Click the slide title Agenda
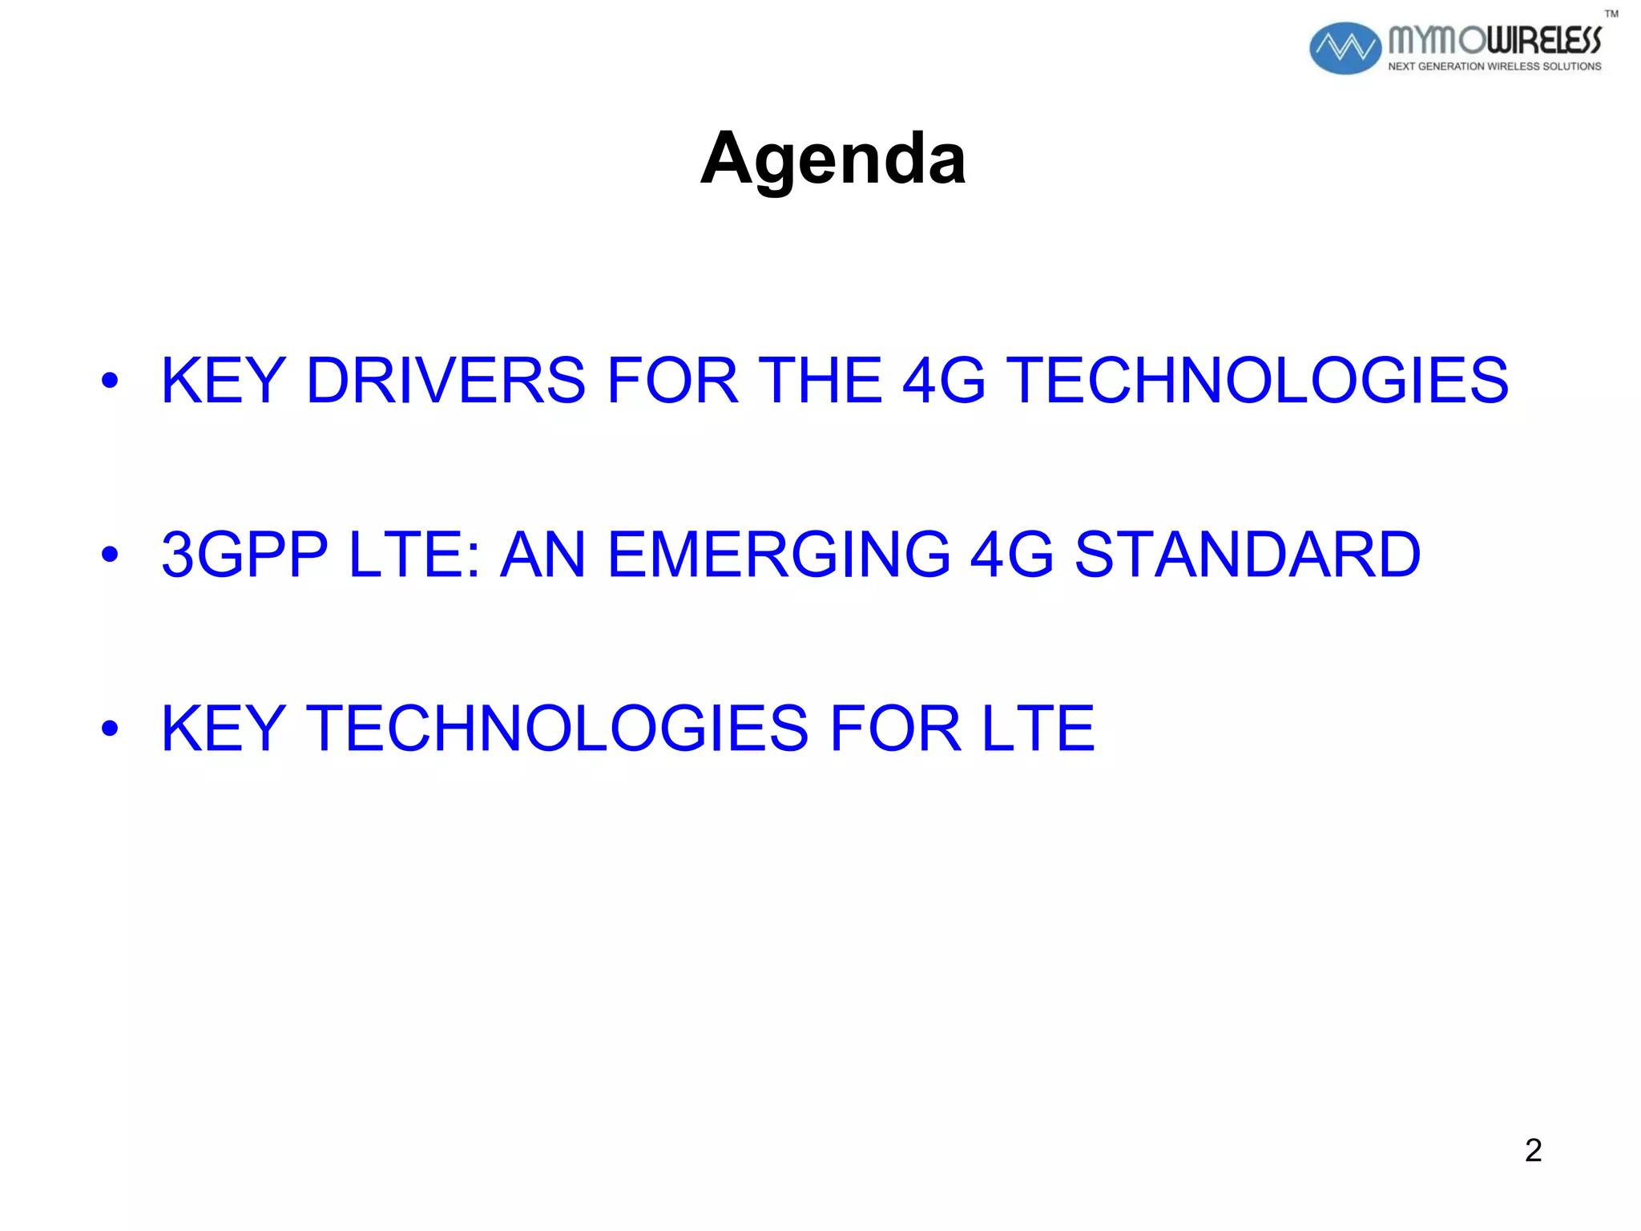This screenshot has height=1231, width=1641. pos(833,159)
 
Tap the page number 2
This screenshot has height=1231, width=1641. pos(1533,1150)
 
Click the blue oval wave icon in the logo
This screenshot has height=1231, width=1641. pos(1345,48)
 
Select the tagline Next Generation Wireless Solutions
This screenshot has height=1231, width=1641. pos(1494,67)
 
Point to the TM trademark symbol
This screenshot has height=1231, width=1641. pos(1611,14)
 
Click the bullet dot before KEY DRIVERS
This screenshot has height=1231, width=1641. pos(110,381)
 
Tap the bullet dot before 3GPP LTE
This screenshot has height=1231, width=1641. pos(110,555)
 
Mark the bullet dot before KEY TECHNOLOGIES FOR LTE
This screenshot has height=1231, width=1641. pos(110,729)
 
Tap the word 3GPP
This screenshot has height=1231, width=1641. pos(244,554)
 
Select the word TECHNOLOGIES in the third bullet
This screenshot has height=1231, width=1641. pos(558,728)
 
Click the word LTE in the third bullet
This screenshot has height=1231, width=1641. pos(1038,728)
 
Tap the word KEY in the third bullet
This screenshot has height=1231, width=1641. pos(224,728)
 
